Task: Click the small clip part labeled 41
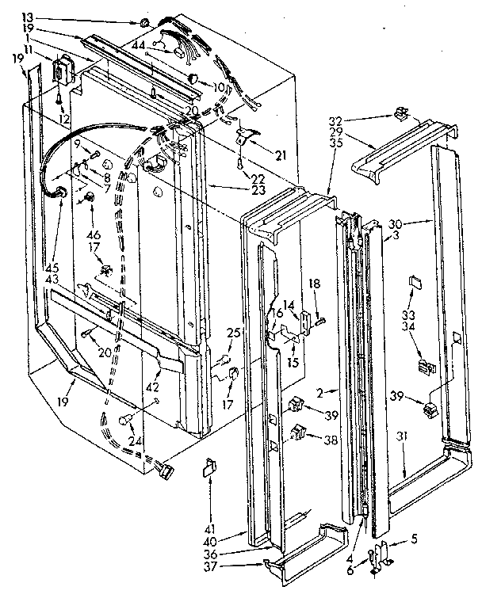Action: coord(210,468)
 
